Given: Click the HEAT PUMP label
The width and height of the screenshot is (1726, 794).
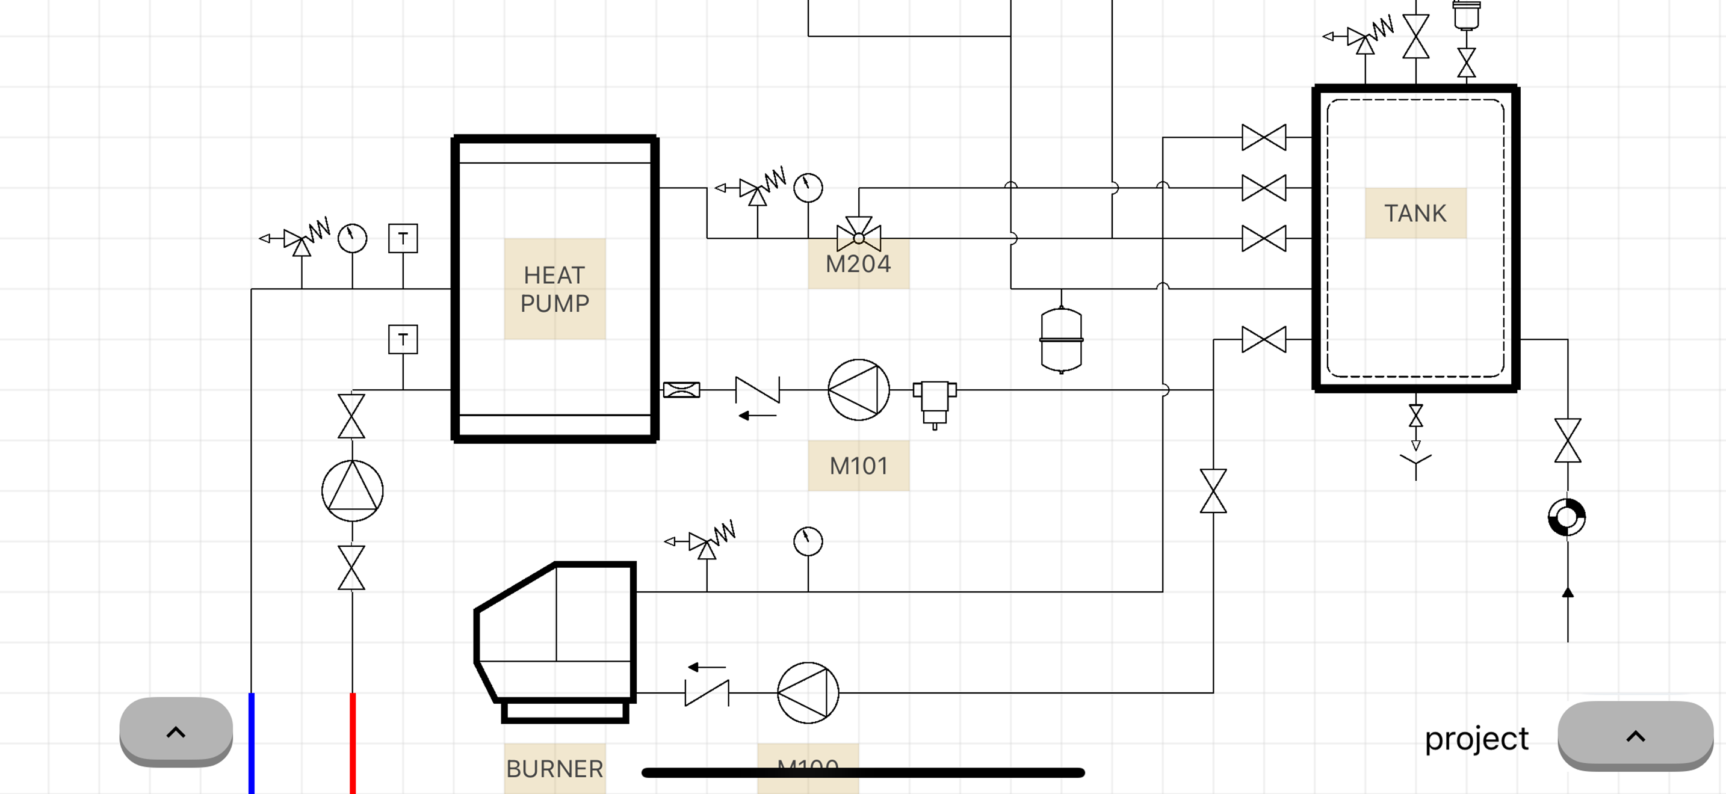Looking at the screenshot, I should [554, 289].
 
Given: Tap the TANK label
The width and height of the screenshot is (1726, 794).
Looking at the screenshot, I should [1415, 213].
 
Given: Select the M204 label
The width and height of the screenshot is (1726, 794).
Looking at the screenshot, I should [858, 265].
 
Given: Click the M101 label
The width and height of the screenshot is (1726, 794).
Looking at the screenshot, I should [858, 466].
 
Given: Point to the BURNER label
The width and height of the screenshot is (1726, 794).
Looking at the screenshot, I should [554, 768].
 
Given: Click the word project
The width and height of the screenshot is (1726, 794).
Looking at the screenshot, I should [1476, 738].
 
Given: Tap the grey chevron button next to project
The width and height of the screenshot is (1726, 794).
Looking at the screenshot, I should [1635, 736].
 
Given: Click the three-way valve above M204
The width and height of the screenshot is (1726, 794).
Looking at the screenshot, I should [858, 235].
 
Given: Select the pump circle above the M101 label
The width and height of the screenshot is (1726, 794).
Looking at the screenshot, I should [858, 390].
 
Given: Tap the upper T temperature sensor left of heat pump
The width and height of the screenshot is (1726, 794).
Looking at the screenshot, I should [403, 238].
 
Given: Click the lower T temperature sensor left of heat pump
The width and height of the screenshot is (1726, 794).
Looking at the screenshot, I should [403, 339].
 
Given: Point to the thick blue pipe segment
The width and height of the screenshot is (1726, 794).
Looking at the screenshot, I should [252, 743].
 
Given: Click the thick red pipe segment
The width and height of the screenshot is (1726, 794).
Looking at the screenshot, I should [353, 743].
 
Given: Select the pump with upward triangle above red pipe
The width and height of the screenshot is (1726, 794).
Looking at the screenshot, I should [353, 491].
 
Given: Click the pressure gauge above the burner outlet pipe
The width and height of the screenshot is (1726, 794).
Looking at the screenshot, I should [808, 541].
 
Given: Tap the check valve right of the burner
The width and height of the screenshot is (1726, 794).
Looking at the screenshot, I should [707, 692].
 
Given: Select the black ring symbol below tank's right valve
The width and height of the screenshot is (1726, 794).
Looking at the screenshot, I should [1567, 517].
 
